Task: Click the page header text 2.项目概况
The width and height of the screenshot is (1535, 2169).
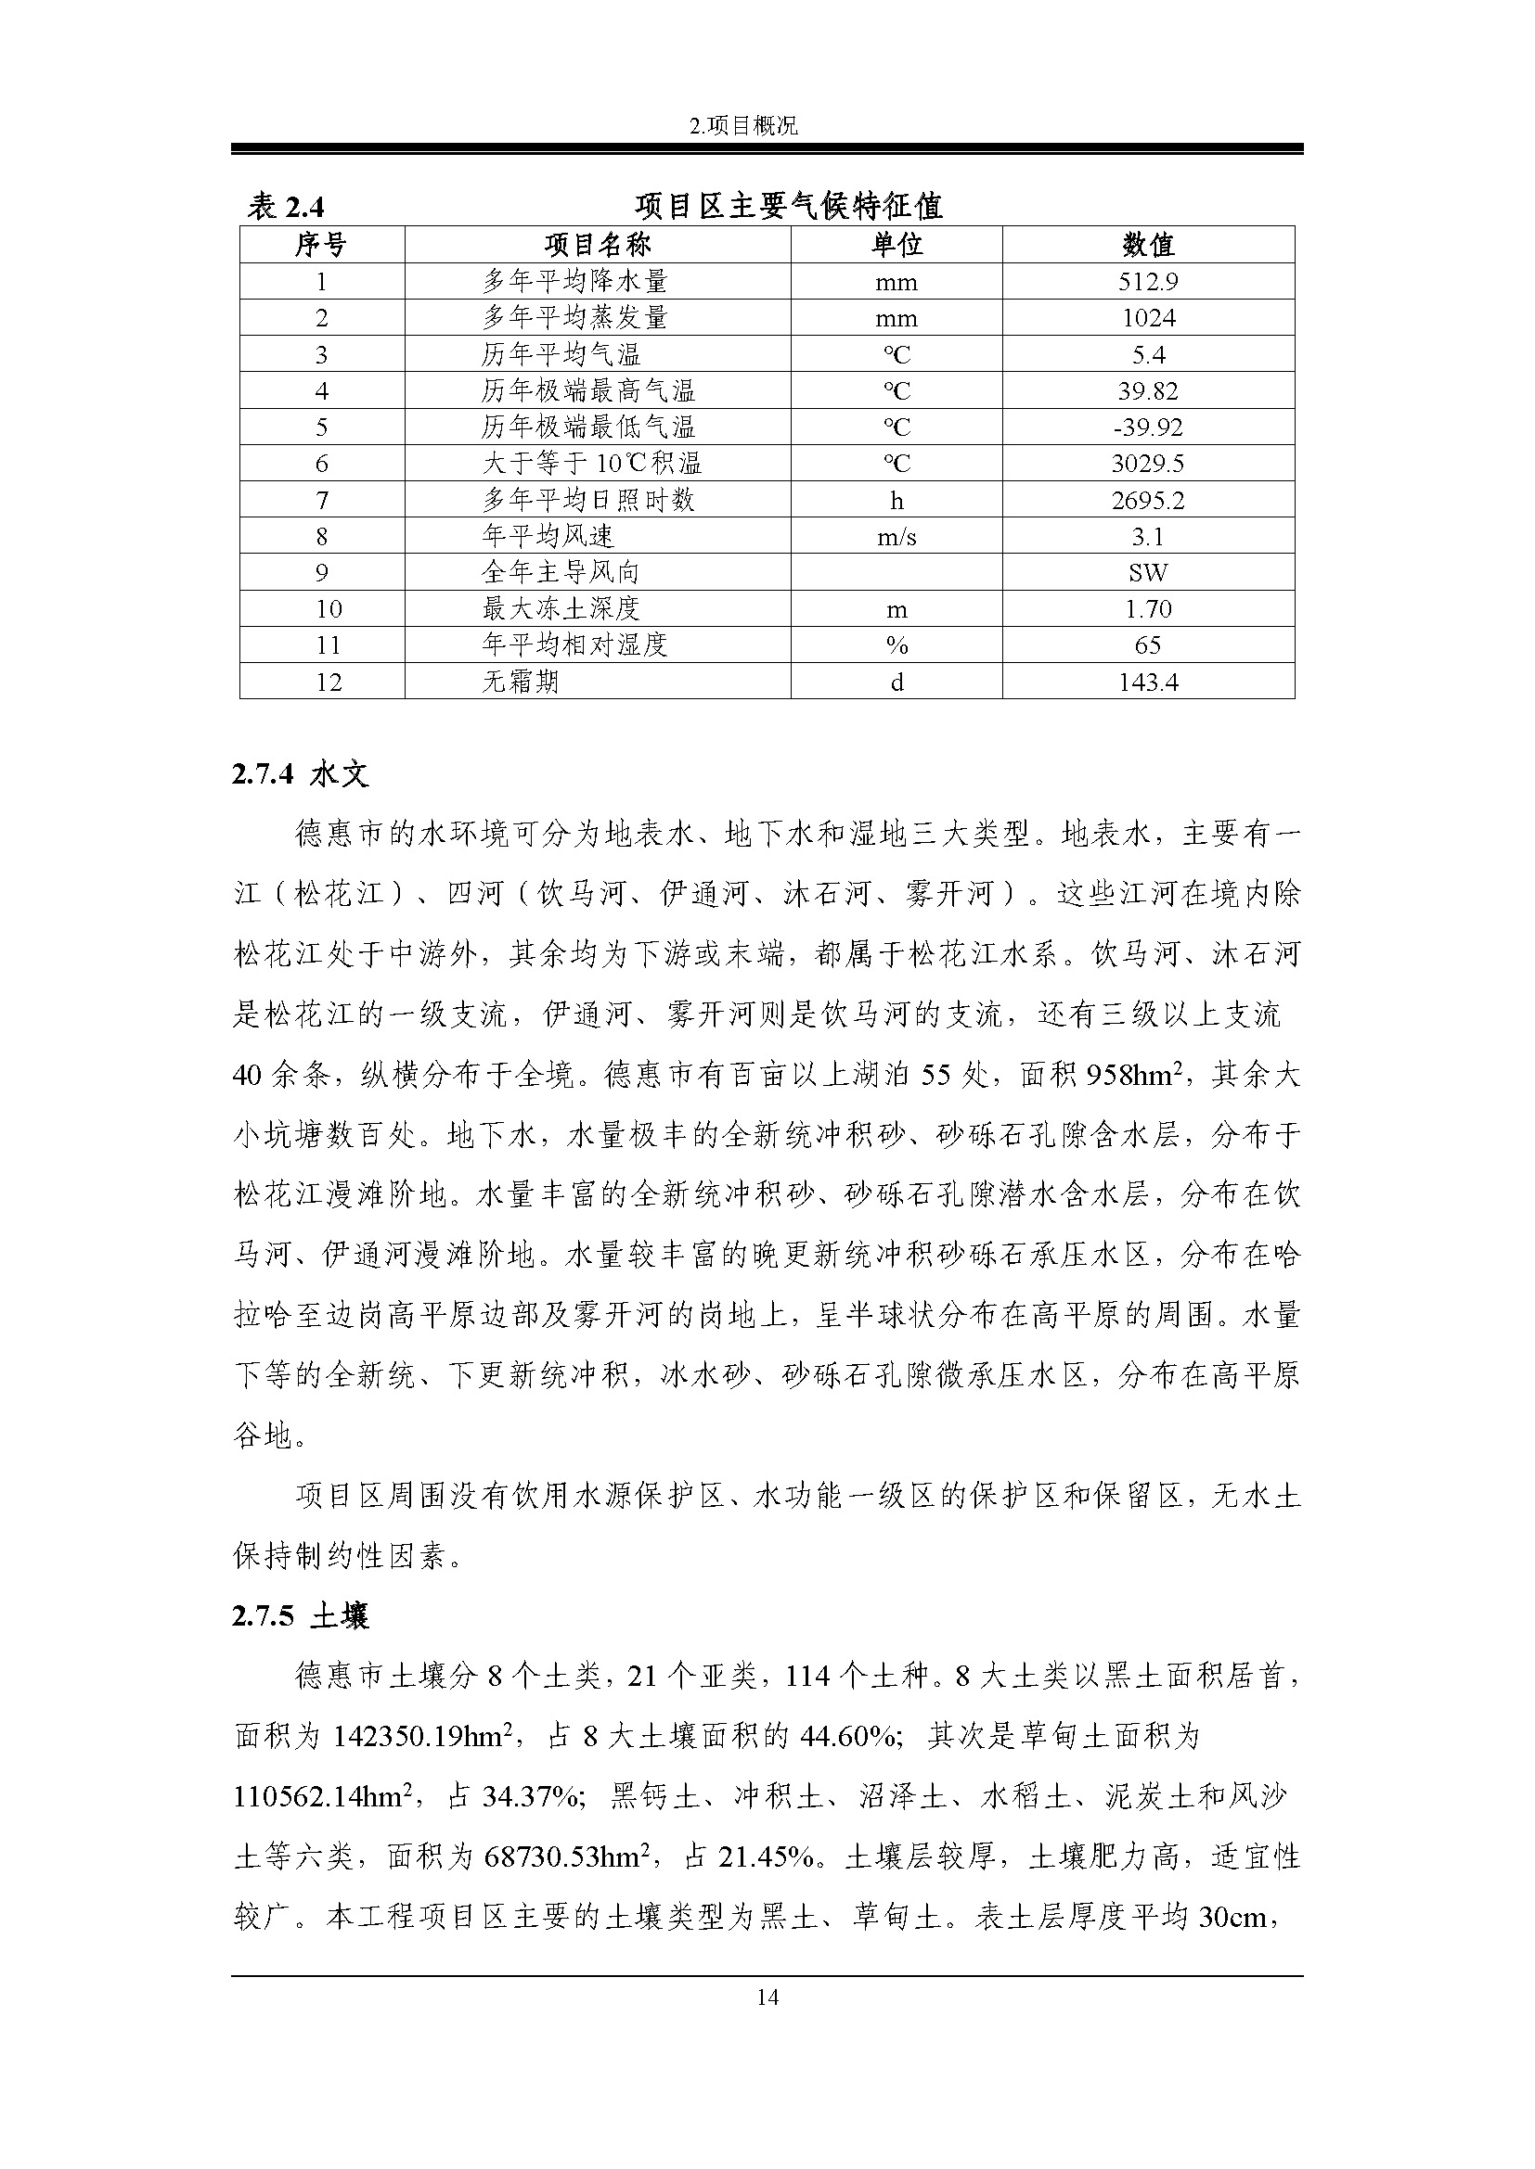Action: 744,125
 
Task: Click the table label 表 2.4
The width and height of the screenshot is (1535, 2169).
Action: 286,206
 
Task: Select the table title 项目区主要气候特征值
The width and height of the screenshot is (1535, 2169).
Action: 788,206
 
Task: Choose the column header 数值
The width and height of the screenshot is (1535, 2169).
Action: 1147,245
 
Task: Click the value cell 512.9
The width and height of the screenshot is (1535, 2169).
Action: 1147,282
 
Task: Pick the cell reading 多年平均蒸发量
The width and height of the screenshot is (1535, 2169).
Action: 574,317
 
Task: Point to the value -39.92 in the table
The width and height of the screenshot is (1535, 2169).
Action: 1147,427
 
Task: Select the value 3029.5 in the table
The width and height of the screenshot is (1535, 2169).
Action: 1147,463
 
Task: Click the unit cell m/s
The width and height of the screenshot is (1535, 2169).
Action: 896,537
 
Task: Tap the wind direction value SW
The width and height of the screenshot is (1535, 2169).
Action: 1147,572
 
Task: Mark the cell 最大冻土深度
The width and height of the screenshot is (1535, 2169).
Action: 561,608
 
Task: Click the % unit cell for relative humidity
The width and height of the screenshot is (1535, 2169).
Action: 896,645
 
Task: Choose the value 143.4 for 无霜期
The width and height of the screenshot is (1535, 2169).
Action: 1147,683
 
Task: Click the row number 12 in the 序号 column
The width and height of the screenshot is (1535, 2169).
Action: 328,683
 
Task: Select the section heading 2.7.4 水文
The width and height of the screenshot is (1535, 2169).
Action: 301,774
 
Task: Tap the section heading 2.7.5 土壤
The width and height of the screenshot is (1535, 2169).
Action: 301,1616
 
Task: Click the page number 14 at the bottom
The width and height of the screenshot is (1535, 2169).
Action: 767,1997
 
